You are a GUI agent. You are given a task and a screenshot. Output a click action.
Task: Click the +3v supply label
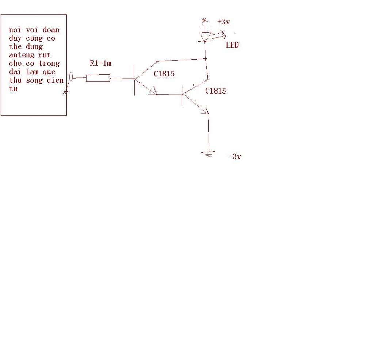coord(224,22)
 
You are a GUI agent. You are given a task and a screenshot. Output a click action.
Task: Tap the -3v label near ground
coord(235,156)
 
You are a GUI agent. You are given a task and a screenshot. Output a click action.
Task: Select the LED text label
coord(232,45)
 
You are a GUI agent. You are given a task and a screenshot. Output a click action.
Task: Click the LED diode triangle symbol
coord(205,37)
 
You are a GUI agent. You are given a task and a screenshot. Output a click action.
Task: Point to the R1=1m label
coord(100,63)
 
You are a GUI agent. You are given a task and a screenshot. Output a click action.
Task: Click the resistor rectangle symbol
coord(98,78)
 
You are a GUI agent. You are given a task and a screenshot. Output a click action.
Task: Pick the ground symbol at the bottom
coord(208,154)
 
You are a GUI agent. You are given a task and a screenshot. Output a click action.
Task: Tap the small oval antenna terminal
coord(71,77)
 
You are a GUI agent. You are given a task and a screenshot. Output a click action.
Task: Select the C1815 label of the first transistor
coord(164,74)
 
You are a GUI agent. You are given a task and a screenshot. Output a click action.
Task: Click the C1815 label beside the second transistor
coord(215,91)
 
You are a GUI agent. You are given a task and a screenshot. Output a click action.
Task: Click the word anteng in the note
coord(22,55)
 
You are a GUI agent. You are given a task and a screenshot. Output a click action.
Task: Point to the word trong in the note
coord(49,64)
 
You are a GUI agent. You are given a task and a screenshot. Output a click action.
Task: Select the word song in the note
coord(34,80)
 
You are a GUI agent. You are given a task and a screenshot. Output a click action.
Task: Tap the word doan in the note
coord(51,30)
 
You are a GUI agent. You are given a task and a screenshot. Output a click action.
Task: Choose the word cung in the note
coord(34,38)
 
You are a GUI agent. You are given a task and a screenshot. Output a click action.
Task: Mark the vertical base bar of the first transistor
coord(134,80)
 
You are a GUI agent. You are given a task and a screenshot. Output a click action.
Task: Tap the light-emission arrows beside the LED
coord(219,35)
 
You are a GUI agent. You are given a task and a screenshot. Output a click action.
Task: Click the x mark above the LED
coord(204,21)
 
